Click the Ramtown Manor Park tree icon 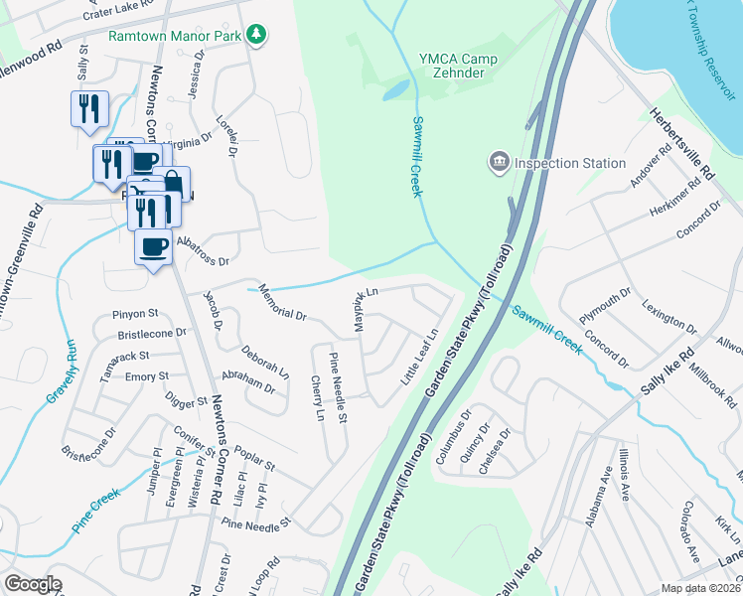(257, 35)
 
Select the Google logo (33, 584)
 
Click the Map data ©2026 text (700, 588)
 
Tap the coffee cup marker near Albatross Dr (153, 248)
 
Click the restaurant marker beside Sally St (89, 109)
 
